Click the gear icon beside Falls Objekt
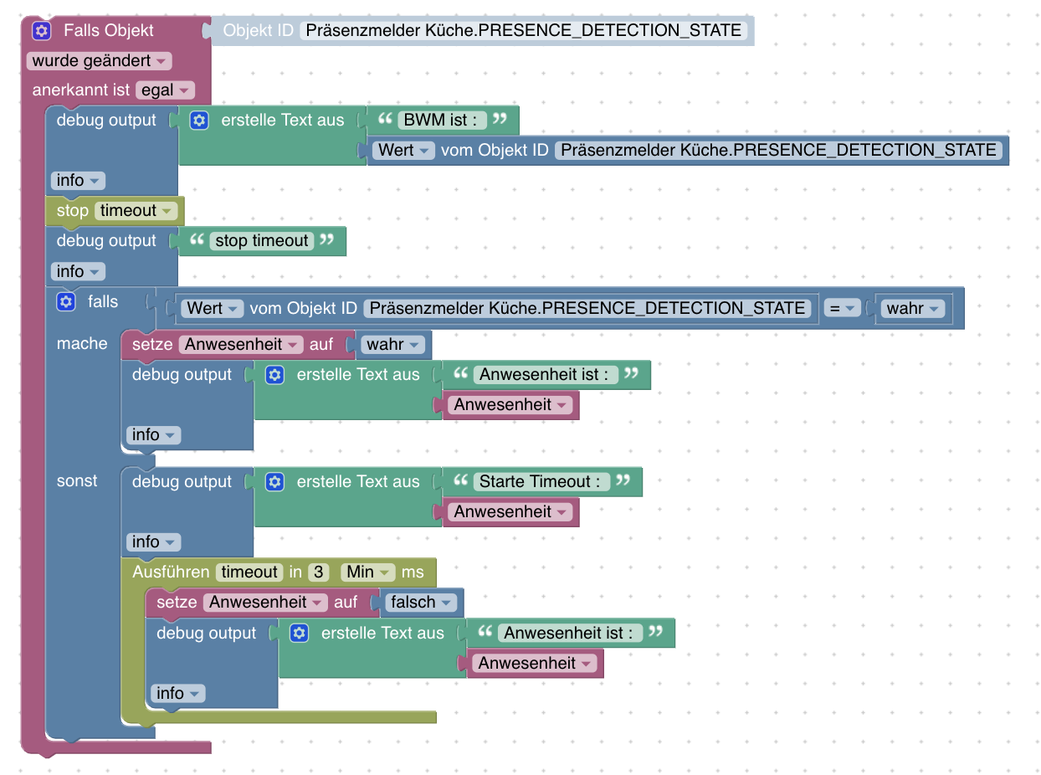(42, 31)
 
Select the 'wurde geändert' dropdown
(99, 61)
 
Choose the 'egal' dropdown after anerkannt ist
(164, 90)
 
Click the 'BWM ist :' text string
(442, 120)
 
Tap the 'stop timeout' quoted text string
(262, 241)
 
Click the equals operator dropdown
(842, 308)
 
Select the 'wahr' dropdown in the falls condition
(912, 308)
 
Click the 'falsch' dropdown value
(421, 603)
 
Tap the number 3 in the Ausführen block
(318, 572)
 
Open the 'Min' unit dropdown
(367, 572)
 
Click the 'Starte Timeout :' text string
(540, 481)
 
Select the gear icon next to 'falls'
(66, 301)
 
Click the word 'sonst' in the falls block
(77, 481)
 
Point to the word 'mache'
(82, 344)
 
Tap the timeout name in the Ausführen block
(249, 572)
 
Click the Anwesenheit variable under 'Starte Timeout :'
(510, 512)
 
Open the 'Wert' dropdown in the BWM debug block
(403, 151)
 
